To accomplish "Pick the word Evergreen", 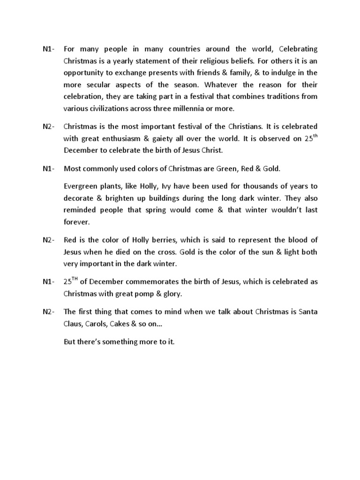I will [x=81, y=186].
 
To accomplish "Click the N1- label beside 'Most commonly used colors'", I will [x=47, y=168].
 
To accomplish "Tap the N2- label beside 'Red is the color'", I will [x=47, y=240].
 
